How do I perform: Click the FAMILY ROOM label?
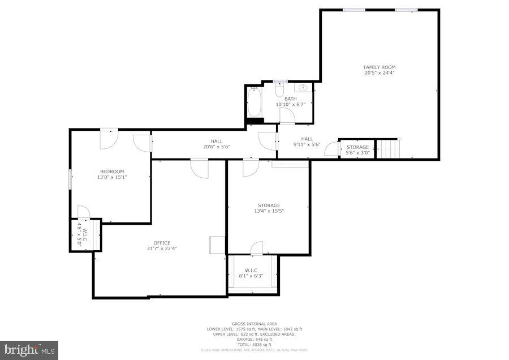coord(379,67)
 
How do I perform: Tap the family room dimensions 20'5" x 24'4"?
coord(379,73)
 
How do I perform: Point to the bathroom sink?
coord(303,88)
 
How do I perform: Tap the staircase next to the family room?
coord(389,149)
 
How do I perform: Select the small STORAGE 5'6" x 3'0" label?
coord(357,147)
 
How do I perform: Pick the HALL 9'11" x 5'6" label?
coord(307,139)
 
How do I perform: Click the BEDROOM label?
coord(112,172)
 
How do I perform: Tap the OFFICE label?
coord(162,243)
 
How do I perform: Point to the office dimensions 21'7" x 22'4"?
coord(162,248)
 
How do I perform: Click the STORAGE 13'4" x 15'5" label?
coord(269,205)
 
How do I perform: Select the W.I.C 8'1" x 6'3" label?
coord(251,270)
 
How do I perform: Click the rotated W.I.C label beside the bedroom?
coord(83,234)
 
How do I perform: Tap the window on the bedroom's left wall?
coord(71,179)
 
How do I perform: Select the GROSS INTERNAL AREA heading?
coord(253,324)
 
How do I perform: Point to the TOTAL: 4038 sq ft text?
coord(253,345)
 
